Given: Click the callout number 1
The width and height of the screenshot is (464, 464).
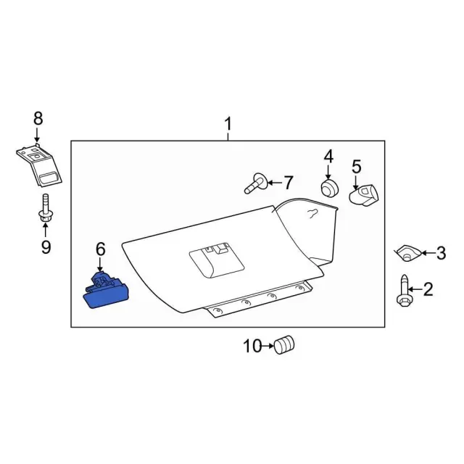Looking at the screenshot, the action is coord(228,124).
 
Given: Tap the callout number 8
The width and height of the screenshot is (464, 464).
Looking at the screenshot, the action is coord(38,118).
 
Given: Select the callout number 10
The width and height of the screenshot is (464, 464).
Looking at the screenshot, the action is coord(252,346).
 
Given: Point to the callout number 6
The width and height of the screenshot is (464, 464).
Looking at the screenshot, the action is coord(100,249).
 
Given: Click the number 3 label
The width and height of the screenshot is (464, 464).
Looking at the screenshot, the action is coord(441,253).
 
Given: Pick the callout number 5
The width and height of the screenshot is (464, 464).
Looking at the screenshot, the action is coord(357,167).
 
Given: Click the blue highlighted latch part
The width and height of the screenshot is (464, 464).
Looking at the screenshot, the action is coord(105,291).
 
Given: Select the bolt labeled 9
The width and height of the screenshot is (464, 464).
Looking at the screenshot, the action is coord(46,210).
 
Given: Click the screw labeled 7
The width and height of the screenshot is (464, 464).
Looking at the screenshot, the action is coord(256,183).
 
